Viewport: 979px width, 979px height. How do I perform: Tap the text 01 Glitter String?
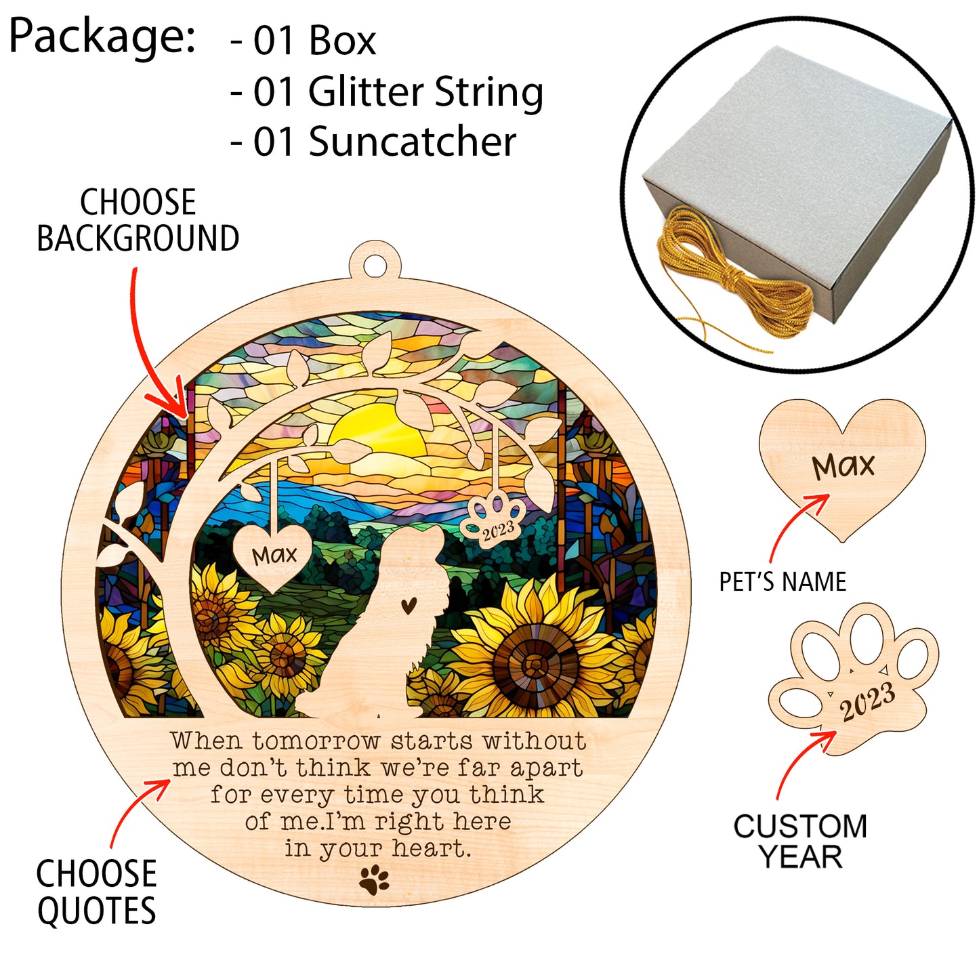point(398,92)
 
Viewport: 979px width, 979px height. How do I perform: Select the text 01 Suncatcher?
point(385,142)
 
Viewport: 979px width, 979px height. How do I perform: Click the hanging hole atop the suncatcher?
point(375,265)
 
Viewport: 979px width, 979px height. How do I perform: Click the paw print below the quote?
point(374,881)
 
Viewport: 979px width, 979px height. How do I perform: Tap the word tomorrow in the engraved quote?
point(316,741)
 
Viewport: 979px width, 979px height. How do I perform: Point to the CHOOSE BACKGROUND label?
point(138,220)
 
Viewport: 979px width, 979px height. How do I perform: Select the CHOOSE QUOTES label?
point(96,892)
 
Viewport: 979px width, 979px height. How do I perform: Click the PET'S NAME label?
point(783,582)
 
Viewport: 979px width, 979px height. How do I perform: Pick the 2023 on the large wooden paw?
point(867,701)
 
